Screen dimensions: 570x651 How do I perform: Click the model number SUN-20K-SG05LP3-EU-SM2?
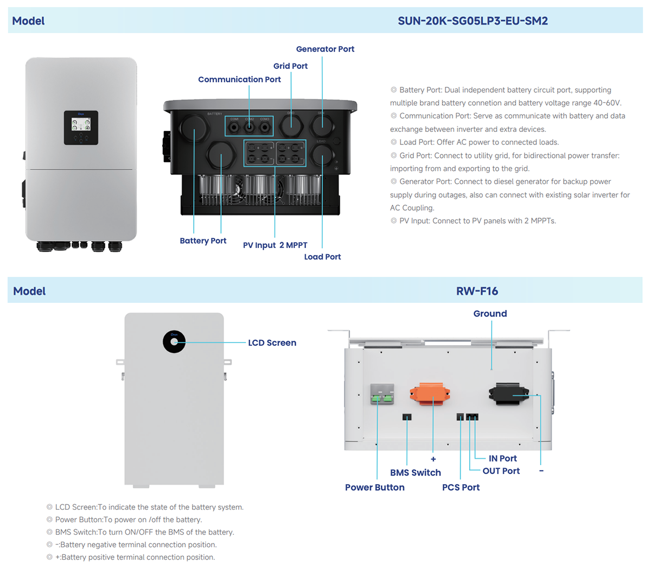tap(473, 21)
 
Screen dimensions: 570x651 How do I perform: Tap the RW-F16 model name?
tap(477, 291)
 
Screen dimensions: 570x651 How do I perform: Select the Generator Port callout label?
tap(325, 49)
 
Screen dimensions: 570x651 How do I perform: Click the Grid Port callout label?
tap(290, 66)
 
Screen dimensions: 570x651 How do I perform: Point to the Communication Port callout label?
tap(239, 79)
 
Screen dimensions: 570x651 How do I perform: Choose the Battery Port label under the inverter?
tap(203, 240)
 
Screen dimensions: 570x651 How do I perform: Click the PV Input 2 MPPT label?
tap(275, 245)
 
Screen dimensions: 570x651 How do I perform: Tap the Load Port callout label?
tap(322, 257)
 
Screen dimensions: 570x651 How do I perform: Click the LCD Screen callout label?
tap(272, 343)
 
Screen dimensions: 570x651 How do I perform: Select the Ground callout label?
tap(490, 314)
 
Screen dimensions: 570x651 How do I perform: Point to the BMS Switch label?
tap(415, 472)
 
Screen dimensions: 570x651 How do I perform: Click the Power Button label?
tap(374, 487)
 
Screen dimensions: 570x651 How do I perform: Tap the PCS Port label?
tap(461, 487)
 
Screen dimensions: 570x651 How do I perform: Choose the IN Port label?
tap(502, 458)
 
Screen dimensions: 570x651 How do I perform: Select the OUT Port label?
tap(501, 471)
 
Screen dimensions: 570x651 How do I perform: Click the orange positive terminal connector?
tap(430, 394)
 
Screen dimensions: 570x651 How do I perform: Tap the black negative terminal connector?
tap(508, 394)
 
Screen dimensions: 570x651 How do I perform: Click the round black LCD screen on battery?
tap(174, 341)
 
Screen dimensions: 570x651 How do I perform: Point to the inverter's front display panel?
tap(81, 128)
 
